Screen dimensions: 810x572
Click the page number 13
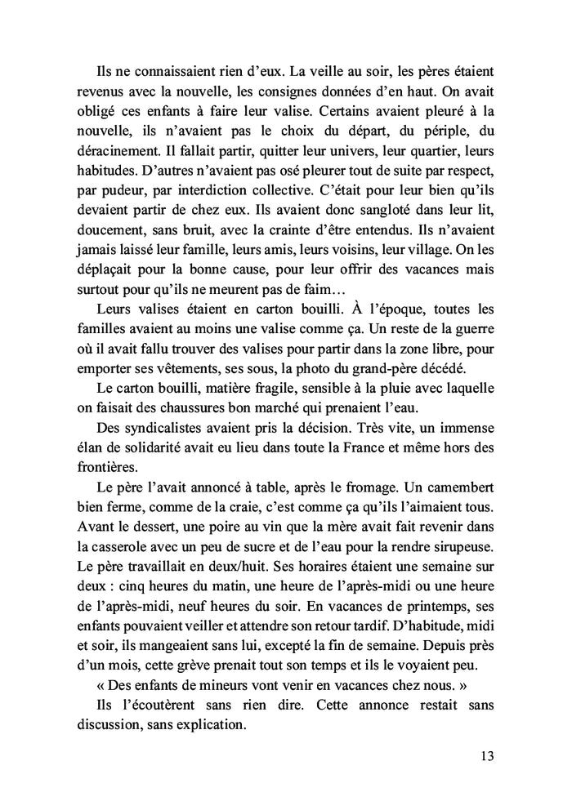click(x=487, y=754)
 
